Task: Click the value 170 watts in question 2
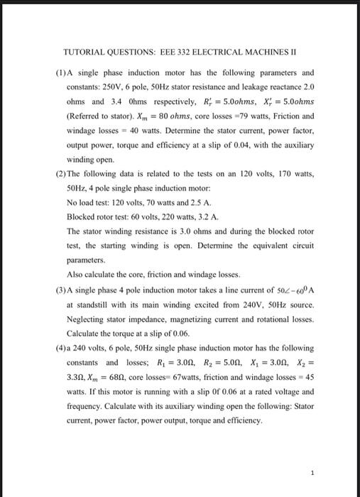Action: pos(293,175)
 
